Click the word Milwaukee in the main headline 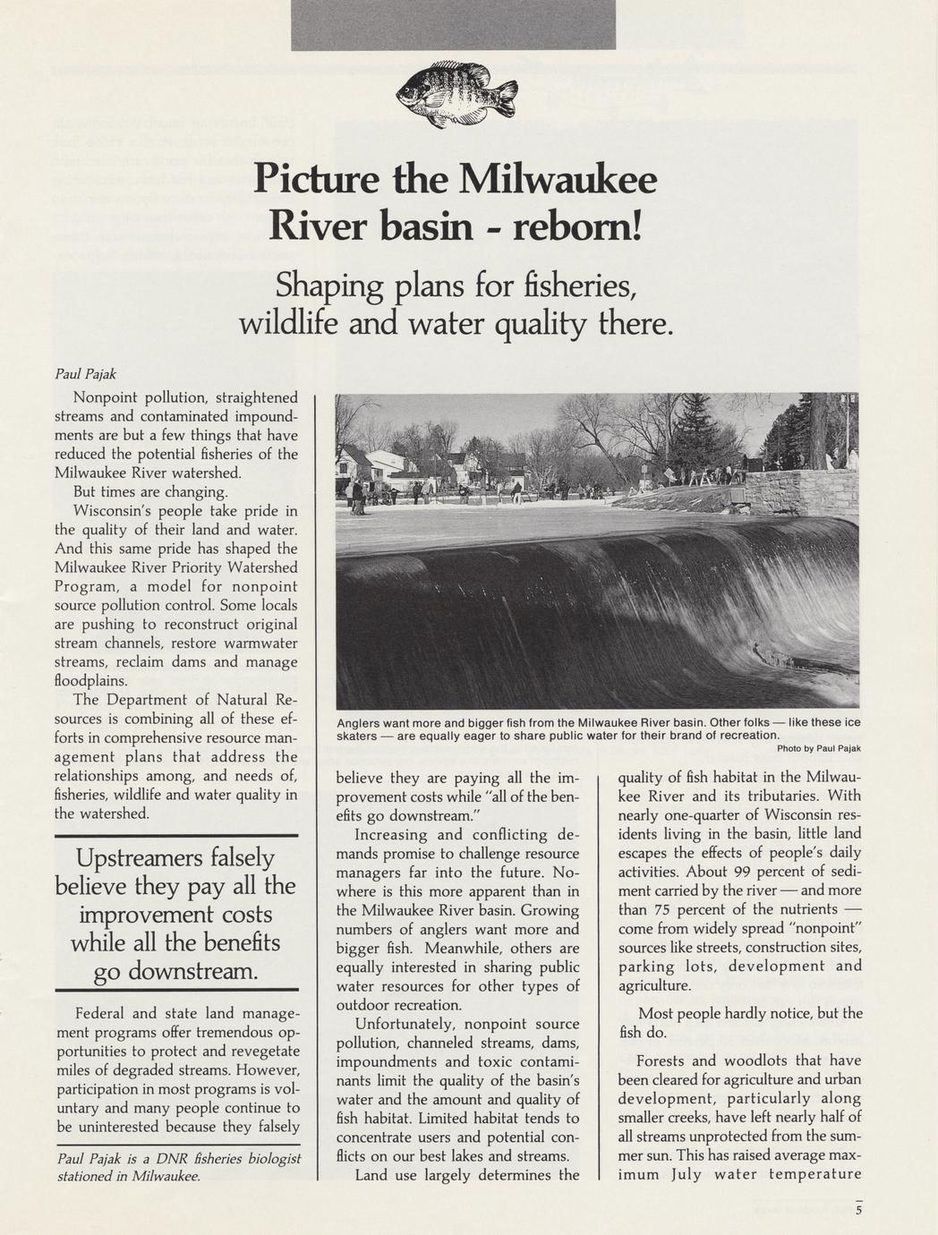pyautogui.click(x=557, y=180)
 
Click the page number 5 pyautogui.click(x=858, y=1212)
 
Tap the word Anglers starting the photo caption pyautogui.click(x=363, y=722)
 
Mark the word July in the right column pyautogui.click(x=687, y=1174)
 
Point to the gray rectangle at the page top pyautogui.click(x=453, y=24)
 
